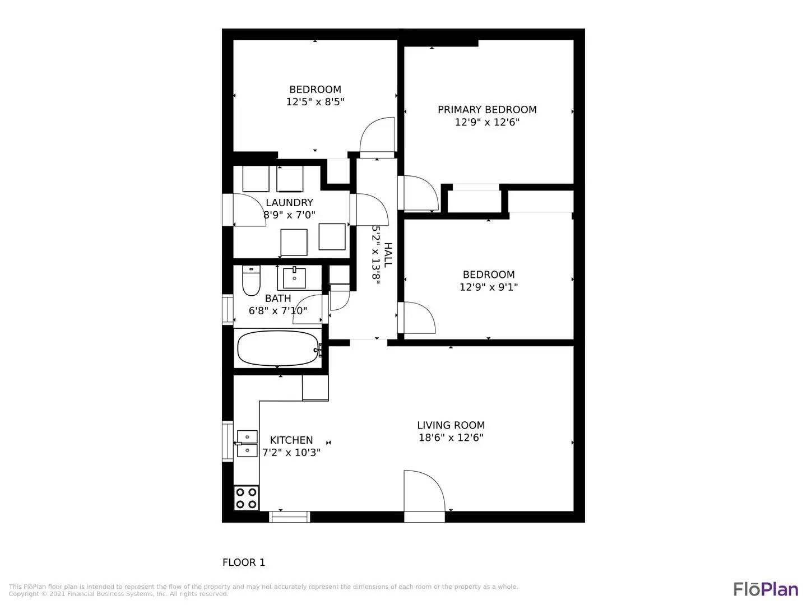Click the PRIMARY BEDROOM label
487,109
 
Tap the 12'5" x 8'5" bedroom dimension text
315,102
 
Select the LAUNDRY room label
289,203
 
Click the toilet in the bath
251,281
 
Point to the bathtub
278,348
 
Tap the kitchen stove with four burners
247,498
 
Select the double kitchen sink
247,443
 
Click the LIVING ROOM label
451,425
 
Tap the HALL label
388,254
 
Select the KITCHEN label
291,440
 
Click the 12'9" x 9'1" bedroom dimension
489,287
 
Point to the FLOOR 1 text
244,562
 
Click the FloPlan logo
766,589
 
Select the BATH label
278,299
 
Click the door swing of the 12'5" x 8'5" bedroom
378,136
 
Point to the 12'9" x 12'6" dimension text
487,122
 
